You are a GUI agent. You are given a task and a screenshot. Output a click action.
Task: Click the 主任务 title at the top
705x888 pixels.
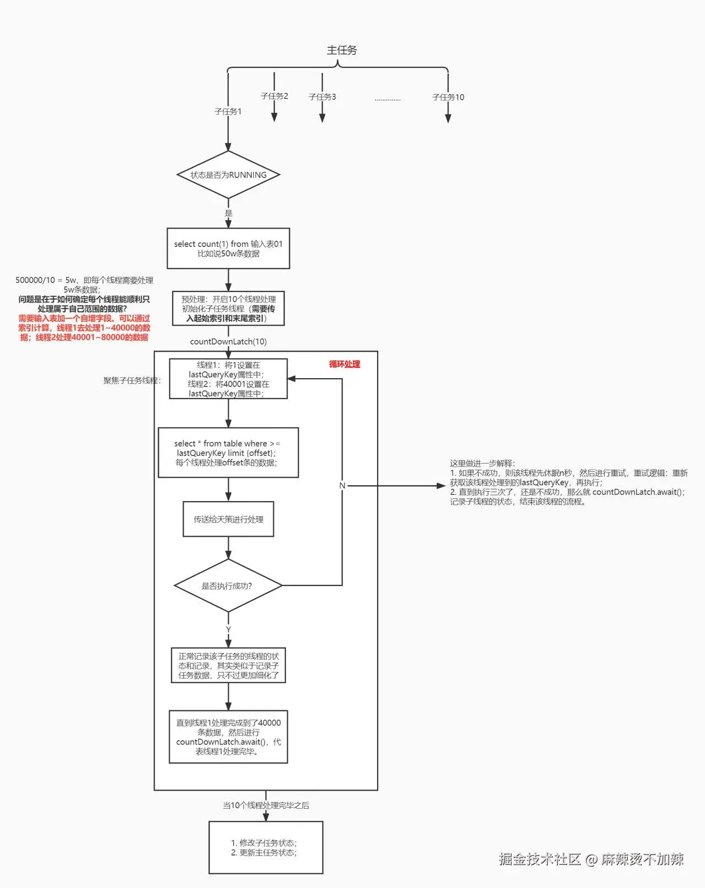(x=342, y=50)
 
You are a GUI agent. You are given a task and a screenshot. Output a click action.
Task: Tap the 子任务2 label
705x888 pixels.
(x=274, y=96)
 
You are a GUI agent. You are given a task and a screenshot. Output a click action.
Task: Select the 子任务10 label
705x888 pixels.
(x=448, y=97)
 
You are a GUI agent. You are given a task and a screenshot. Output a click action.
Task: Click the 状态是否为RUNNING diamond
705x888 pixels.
(x=228, y=175)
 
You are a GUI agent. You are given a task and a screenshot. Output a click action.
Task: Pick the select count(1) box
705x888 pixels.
(x=228, y=249)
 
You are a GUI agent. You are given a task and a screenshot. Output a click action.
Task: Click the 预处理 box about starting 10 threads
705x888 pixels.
(x=228, y=309)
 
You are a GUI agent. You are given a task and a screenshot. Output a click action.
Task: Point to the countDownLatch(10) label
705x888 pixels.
(x=228, y=342)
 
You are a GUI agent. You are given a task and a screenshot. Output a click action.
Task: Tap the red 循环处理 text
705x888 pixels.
(x=345, y=364)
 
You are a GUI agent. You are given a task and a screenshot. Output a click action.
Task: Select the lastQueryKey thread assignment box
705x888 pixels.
(x=228, y=379)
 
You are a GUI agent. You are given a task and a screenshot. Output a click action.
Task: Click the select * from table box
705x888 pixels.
(x=228, y=453)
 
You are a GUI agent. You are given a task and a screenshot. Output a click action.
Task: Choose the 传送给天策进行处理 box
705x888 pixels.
(x=228, y=519)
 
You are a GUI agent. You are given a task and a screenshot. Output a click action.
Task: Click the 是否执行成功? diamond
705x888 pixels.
(x=227, y=586)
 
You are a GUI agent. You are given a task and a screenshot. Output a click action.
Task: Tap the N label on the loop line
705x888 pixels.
(x=342, y=486)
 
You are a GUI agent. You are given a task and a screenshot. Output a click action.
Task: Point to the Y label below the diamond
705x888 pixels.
(x=228, y=629)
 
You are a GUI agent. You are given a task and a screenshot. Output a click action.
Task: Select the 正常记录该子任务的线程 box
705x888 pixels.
(x=228, y=665)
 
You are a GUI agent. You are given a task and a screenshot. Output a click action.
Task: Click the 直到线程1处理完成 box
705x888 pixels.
(x=228, y=737)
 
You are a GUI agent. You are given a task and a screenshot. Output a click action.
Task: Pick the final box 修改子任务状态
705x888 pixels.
(x=266, y=848)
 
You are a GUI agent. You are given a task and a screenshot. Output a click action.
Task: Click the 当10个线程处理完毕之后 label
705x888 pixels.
(x=266, y=805)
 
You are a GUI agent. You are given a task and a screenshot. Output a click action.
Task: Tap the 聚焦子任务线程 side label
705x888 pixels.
(x=132, y=381)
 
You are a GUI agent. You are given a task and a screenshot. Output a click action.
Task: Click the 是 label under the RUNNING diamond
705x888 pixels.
(x=228, y=213)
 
